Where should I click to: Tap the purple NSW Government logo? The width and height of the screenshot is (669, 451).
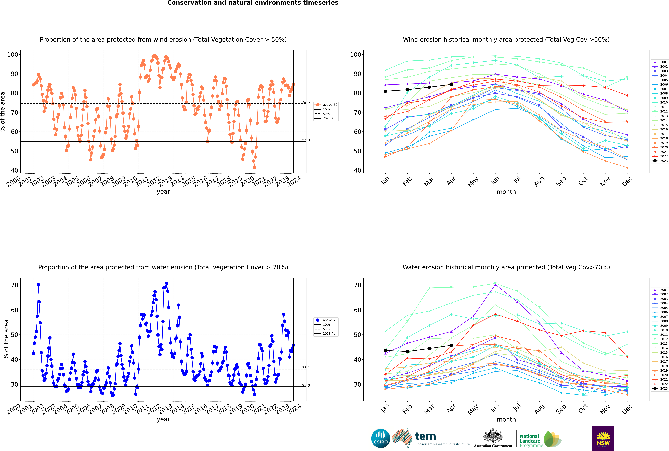[x=603, y=438]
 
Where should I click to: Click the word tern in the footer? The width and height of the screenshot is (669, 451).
[x=425, y=437]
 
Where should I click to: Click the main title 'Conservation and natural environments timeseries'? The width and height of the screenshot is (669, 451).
[x=253, y=3]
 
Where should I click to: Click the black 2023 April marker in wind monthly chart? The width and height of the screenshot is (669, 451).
[x=451, y=84]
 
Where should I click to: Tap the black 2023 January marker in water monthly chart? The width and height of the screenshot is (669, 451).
[x=385, y=350]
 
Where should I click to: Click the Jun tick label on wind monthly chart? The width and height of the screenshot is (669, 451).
[x=495, y=181]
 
